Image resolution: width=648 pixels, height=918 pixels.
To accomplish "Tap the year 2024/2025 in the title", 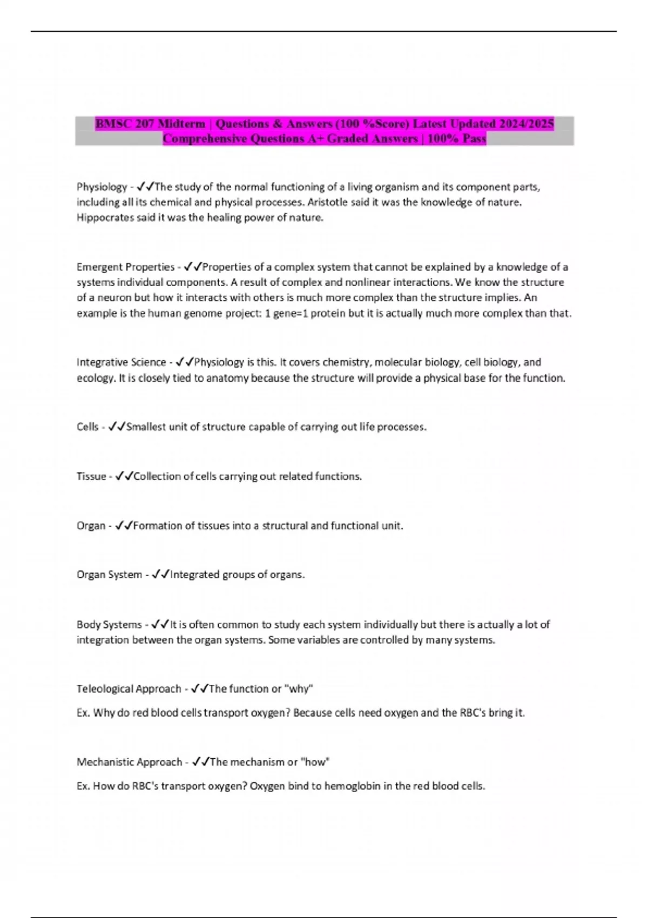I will pyautogui.click(x=526, y=124).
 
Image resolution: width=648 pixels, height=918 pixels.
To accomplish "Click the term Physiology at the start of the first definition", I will pyautogui.click(x=102, y=187).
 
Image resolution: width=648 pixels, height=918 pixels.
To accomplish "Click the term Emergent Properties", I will pyautogui.click(x=125, y=267).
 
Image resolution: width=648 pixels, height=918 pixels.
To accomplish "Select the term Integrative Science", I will pyautogui.click(x=121, y=362).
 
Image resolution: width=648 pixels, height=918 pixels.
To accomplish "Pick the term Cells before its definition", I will pyautogui.click(x=87, y=427).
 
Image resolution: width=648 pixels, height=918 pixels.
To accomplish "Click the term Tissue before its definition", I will pyautogui.click(x=91, y=476).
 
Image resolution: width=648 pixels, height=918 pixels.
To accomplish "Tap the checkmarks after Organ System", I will pyautogui.click(x=161, y=575).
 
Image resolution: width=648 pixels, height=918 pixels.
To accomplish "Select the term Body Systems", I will pyautogui.click(x=109, y=624).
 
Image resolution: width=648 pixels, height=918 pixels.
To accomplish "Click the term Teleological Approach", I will pyautogui.click(x=129, y=688).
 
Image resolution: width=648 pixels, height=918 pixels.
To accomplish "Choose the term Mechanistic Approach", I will pyautogui.click(x=129, y=762).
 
